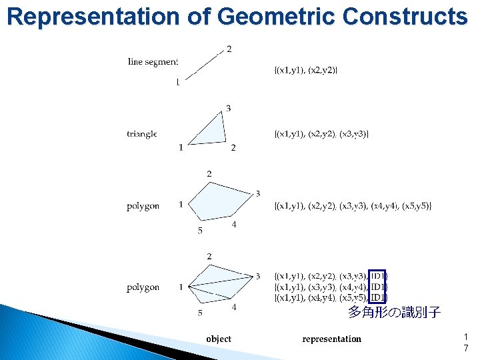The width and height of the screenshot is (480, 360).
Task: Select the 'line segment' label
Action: [153, 62]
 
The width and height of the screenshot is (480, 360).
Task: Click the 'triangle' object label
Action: [141, 134]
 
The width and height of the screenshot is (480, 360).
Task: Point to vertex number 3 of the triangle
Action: [229, 108]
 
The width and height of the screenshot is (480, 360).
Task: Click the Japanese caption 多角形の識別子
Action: [394, 312]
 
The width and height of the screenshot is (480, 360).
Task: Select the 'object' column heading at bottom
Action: [219, 339]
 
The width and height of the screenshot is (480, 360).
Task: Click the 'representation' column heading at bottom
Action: [331, 339]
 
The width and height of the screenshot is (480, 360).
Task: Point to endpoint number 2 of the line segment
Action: [229, 49]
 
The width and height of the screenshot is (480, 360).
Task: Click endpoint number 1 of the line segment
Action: [177, 83]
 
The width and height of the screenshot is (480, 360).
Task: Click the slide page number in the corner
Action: [465, 343]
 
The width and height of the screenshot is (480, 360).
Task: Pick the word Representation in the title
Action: [94, 16]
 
